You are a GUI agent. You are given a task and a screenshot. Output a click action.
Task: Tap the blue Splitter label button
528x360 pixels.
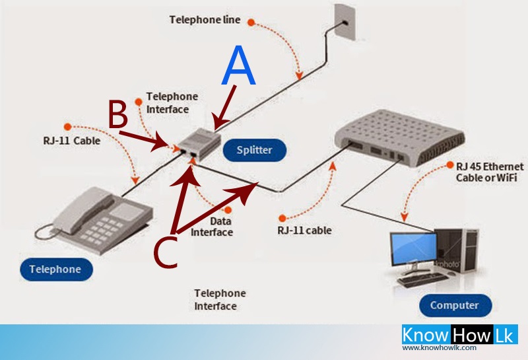point(254,150)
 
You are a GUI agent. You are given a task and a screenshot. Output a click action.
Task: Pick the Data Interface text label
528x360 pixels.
point(212,227)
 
